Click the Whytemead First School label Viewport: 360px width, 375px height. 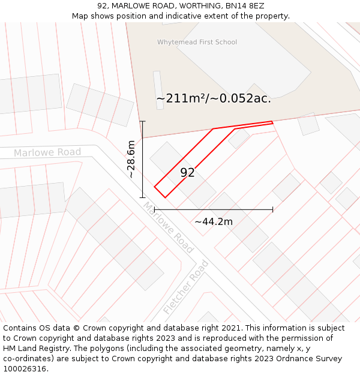(197, 42)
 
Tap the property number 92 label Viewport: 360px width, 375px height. (187, 173)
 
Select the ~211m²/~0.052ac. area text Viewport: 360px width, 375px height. (214, 98)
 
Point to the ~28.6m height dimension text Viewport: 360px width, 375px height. (131, 159)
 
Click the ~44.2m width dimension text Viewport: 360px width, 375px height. (213, 221)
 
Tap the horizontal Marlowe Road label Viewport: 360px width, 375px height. (47, 152)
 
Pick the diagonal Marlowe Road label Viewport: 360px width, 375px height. (168, 227)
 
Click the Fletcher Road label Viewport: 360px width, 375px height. (186, 287)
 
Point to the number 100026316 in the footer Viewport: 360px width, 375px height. (25, 368)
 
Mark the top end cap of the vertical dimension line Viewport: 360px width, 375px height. (143, 121)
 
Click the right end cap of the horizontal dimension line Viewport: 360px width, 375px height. (273, 209)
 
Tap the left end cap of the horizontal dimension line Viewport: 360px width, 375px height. (155, 209)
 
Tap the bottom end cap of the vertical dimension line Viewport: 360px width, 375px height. (143, 197)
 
